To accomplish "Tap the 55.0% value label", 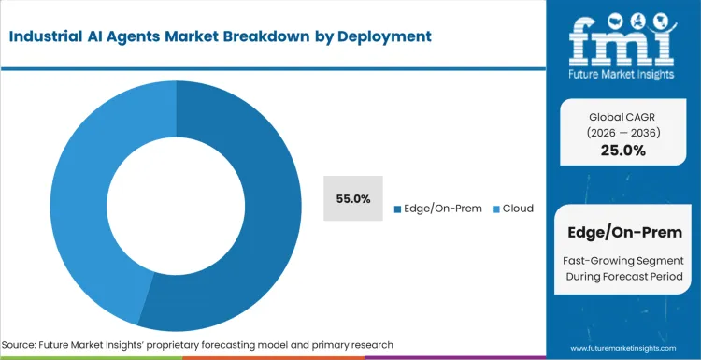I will (353, 198).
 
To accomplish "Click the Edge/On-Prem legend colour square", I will (397, 209).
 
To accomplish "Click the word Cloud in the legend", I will (518, 208).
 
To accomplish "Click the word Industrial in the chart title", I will (52, 37).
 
